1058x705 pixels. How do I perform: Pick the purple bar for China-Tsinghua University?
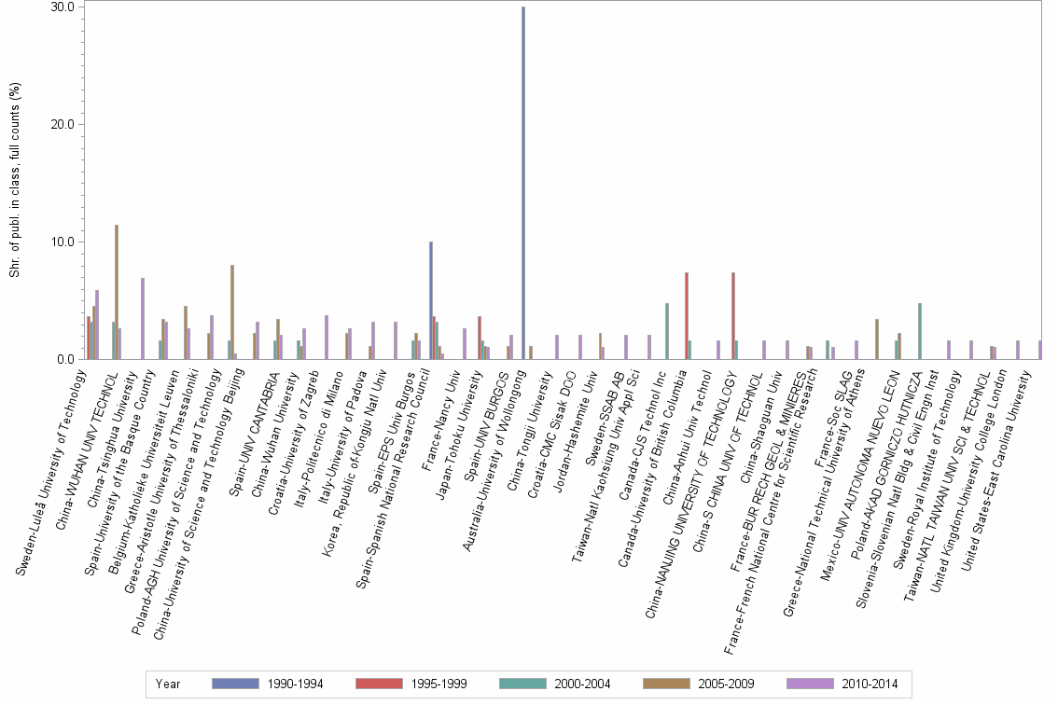[x=143, y=318]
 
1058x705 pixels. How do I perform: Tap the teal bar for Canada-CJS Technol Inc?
[x=666, y=331]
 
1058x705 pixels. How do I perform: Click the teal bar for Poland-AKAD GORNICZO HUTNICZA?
[x=920, y=331]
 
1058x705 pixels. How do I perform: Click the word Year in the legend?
[x=169, y=684]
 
